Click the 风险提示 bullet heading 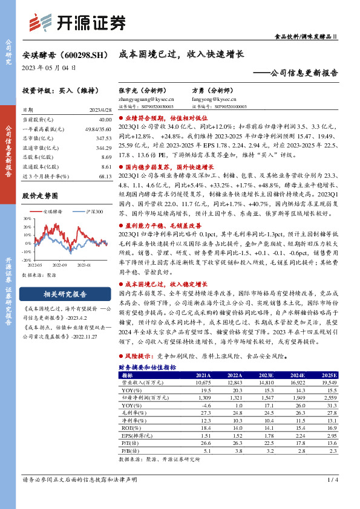tap(140, 356)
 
